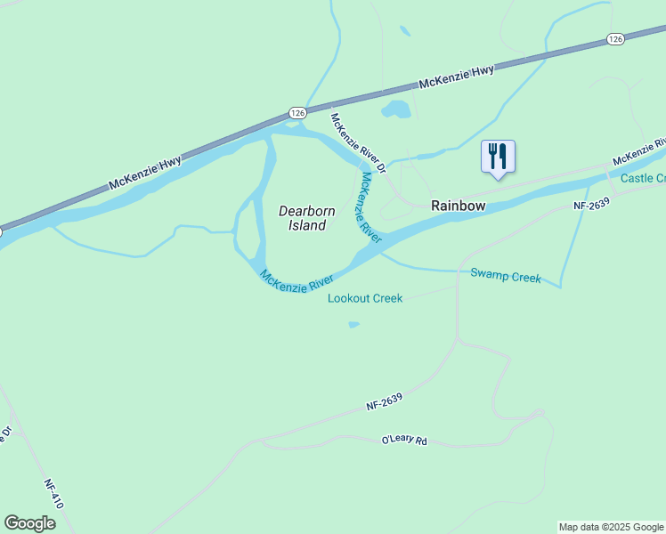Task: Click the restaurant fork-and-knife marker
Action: pyautogui.click(x=498, y=157)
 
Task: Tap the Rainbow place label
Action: pyautogui.click(x=459, y=206)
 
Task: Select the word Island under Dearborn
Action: pyautogui.click(x=306, y=226)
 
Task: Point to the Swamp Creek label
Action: pyautogui.click(x=506, y=277)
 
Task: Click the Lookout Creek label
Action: pyautogui.click(x=365, y=298)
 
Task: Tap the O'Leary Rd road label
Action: pyautogui.click(x=404, y=440)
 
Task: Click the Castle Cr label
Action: pyautogui.click(x=643, y=178)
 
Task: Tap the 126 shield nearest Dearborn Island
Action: pyautogui.click(x=297, y=112)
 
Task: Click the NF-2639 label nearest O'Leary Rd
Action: pyautogui.click(x=386, y=403)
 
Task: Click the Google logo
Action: pyautogui.click(x=29, y=523)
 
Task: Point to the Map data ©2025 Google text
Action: pyautogui.click(x=611, y=527)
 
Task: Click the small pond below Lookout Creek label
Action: pyautogui.click(x=353, y=325)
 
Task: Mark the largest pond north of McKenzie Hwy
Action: pyautogui.click(x=396, y=110)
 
